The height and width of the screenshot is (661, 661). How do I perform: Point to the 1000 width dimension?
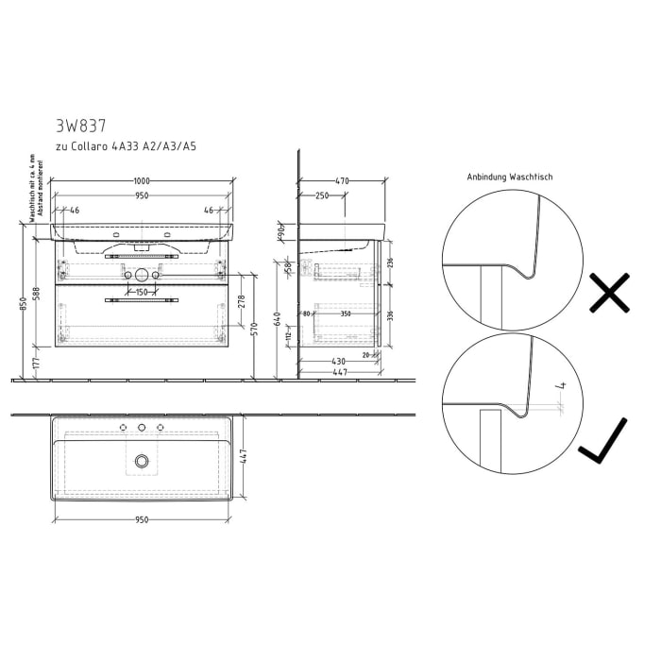[142, 180]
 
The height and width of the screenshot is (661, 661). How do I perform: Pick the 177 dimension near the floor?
[36, 361]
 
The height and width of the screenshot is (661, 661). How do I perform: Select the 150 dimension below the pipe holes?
[142, 292]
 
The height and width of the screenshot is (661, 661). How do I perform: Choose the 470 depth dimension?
[341, 180]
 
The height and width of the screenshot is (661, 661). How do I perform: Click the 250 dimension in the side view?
[322, 195]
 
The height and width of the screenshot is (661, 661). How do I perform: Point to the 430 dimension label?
[338, 362]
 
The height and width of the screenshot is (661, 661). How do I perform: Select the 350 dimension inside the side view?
[346, 314]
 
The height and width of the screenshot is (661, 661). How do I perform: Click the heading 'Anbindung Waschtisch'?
[509, 177]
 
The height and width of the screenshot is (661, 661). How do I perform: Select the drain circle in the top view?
[142, 460]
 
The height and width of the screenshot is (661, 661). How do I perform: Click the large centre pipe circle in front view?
[142, 276]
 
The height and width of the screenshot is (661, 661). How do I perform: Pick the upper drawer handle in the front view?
[142, 256]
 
